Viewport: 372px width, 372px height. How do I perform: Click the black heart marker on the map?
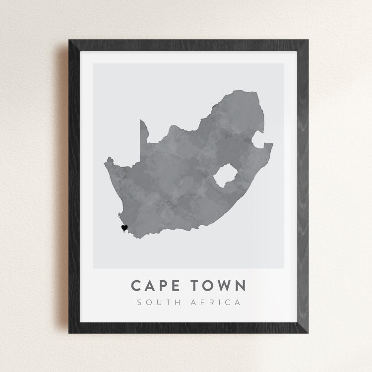click(x=124, y=228)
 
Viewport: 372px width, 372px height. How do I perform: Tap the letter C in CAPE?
click(x=136, y=286)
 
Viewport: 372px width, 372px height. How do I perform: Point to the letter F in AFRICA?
click(x=203, y=302)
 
